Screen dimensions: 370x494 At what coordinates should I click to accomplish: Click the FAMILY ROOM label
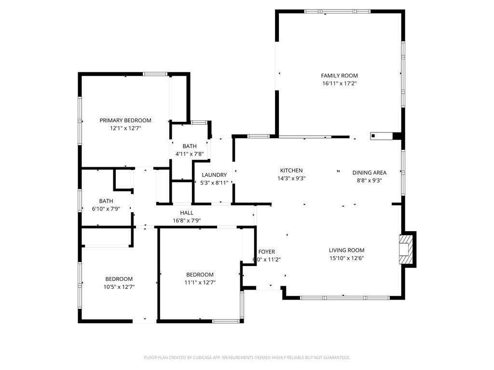pos(339,76)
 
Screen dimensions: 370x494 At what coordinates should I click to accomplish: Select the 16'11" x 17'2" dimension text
pos(339,83)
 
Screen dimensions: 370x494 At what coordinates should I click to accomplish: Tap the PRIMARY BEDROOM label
pos(125,120)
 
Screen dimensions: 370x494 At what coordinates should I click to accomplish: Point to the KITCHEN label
pos(291,171)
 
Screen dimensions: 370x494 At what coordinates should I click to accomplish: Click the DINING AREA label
pos(369,173)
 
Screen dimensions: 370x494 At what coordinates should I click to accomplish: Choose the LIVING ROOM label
pos(346,250)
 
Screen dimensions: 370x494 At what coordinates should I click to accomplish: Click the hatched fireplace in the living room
pos(406,249)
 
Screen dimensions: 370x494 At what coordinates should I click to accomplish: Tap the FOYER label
pos(267,252)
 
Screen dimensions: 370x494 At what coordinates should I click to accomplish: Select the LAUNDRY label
pos(214,175)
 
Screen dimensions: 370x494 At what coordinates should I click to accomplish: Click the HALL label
pos(187,213)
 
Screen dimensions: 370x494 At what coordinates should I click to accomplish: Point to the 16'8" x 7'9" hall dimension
pos(187,221)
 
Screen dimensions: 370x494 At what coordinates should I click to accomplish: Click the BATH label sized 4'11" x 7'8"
pos(190,146)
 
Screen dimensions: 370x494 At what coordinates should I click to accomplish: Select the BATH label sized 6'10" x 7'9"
pos(106,201)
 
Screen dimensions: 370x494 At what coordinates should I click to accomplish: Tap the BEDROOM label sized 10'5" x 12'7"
pos(119,279)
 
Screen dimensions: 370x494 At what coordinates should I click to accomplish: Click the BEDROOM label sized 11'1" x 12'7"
pos(200,275)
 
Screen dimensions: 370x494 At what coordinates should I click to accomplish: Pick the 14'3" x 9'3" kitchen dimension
pos(291,178)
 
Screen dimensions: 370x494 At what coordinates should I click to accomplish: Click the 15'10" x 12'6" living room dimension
pos(346,258)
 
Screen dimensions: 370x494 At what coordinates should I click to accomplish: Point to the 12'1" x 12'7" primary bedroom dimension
pos(125,128)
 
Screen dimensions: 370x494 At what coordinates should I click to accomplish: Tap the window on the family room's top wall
pos(337,11)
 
